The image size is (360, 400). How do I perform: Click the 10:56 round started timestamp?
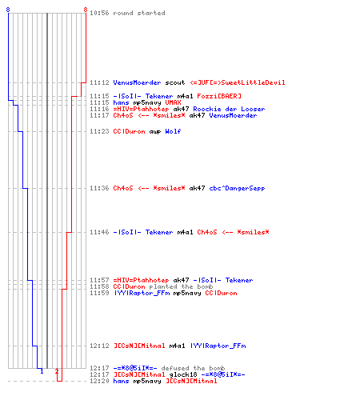tap(99, 13)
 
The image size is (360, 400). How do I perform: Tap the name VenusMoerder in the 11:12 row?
tap(137, 82)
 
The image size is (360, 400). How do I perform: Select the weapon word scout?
tap(175, 82)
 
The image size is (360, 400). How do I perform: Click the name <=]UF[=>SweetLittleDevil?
tap(238, 82)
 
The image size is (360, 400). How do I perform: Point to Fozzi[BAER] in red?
tap(219, 96)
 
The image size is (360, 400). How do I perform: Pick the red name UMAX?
tap(173, 102)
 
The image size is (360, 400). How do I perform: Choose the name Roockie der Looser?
tap(229, 109)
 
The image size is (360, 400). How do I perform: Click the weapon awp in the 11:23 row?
tap(155, 131)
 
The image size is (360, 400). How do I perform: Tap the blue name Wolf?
tap(173, 131)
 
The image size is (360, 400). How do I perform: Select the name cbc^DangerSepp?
tap(237, 188)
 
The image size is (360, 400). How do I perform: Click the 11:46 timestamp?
tap(99, 232)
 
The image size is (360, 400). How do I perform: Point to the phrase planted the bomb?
tap(181, 286)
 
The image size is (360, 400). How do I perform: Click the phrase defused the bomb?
tap(193, 368)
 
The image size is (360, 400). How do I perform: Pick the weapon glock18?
tap(183, 374)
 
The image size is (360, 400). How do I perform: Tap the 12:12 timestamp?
tap(99, 346)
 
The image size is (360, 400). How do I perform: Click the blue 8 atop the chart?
tap(8, 10)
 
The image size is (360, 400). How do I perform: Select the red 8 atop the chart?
tap(86, 10)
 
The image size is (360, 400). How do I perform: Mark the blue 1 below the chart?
tap(42, 371)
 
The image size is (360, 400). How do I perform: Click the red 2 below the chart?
tap(57, 371)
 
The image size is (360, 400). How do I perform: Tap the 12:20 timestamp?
tap(99, 381)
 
